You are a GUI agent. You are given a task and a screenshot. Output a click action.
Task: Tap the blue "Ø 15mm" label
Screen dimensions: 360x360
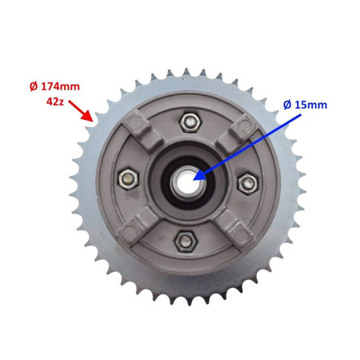pos(306,105)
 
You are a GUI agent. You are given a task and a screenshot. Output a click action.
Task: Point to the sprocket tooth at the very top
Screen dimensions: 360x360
pos(186,73)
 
